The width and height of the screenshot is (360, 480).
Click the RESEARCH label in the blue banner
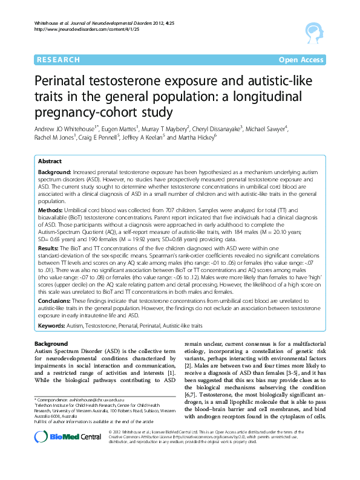[x=58, y=59]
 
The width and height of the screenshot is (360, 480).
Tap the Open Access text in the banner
[x=301, y=59]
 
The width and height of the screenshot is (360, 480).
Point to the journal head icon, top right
[x=312, y=31]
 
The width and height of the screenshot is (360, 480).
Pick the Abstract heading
[x=50, y=162]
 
